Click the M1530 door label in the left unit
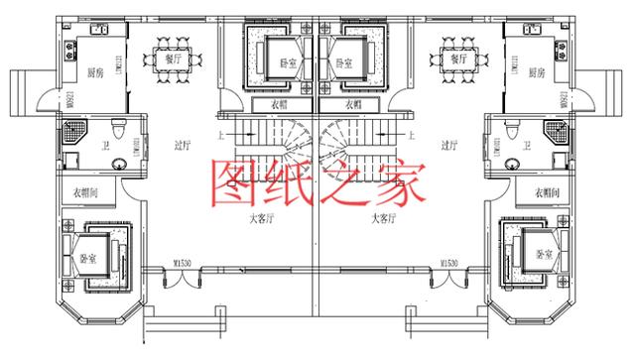183,263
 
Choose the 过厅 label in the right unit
448,145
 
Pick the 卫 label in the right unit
526,146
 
